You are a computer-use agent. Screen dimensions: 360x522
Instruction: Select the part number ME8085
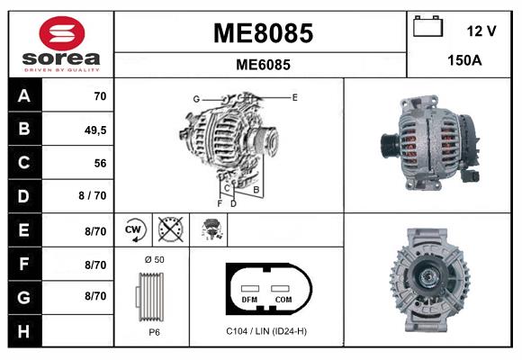262,33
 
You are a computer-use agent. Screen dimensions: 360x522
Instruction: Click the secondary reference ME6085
262,65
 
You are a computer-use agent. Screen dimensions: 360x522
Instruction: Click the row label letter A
23,95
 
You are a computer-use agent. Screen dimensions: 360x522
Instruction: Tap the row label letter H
23,330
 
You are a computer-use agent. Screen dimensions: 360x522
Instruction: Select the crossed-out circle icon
168,230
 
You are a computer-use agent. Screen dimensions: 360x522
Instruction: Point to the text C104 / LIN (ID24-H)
266,331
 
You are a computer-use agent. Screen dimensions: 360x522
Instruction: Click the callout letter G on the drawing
195,98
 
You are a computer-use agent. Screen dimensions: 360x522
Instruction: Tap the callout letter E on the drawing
294,95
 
